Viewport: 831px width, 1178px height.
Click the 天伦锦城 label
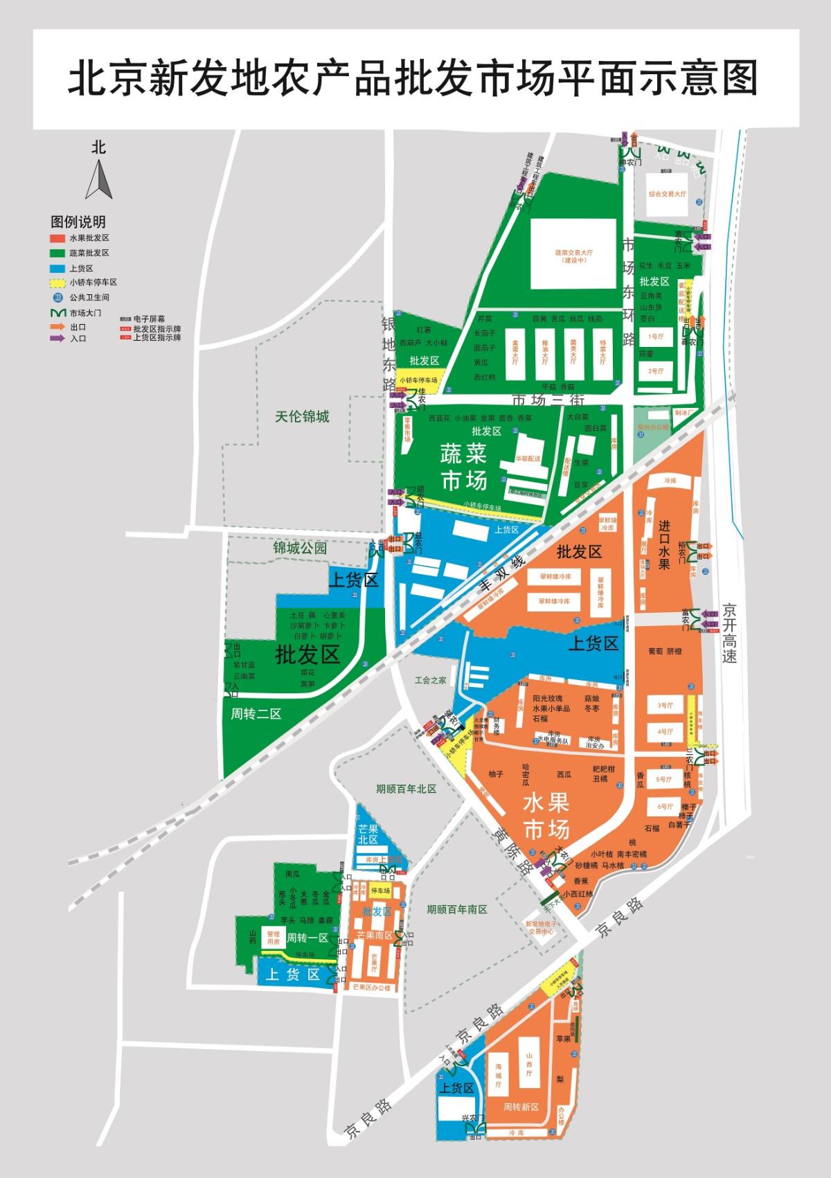tap(302, 417)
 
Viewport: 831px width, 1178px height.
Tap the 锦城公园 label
tap(300, 548)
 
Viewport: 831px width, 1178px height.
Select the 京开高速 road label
tap(729, 634)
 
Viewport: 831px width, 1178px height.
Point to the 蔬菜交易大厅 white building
tap(574, 254)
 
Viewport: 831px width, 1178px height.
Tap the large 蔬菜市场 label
tap(464, 467)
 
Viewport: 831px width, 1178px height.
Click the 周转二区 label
tap(256, 714)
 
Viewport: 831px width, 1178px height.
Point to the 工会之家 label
tap(431, 681)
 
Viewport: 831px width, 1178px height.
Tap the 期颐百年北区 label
tap(406, 789)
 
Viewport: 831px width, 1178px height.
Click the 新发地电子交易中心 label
tap(542, 929)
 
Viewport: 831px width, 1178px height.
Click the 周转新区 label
tap(521, 1107)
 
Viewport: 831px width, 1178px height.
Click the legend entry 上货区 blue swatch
tap(58, 268)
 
